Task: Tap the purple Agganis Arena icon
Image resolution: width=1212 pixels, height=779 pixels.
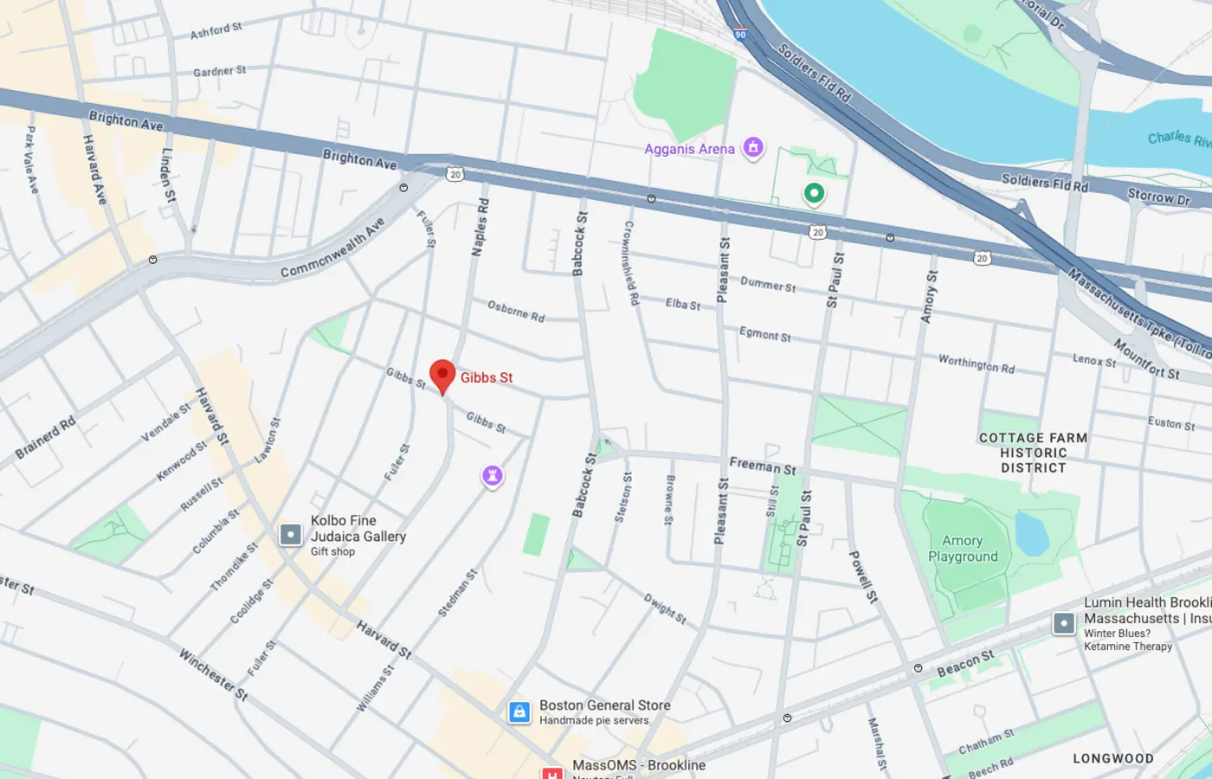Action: (x=753, y=148)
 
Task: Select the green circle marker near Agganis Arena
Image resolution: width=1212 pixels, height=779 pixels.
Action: (x=814, y=193)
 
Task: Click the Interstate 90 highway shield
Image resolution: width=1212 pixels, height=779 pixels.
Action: (x=739, y=35)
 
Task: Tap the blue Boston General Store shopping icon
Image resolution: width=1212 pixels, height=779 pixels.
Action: (x=519, y=712)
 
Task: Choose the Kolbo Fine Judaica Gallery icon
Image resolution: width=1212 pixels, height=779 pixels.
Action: (x=291, y=535)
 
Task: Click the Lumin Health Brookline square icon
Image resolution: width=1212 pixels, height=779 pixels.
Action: (x=1064, y=623)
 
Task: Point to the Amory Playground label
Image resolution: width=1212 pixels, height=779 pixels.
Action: (x=963, y=549)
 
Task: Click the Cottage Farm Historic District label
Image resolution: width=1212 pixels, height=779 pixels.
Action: (x=1033, y=453)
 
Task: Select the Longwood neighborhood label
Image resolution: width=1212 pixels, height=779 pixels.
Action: (x=1112, y=758)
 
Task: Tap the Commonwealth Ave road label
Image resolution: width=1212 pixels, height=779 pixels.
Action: (x=332, y=248)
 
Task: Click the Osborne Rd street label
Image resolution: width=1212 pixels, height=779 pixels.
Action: (x=516, y=312)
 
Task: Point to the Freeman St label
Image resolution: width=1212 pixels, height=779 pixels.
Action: (x=762, y=466)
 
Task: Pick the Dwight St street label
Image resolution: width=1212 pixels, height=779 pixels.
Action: (x=665, y=608)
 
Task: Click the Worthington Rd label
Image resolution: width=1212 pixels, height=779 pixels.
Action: (x=977, y=364)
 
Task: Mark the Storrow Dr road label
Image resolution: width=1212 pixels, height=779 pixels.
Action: (x=1158, y=196)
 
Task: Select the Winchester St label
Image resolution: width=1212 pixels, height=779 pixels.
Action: (x=213, y=674)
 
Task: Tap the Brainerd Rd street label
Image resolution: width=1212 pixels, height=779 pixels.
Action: (x=45, y=438)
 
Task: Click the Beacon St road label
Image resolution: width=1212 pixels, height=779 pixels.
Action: (x=965, y=663)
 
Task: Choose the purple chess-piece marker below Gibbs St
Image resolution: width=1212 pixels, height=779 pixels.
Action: (x=493, y=476)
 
